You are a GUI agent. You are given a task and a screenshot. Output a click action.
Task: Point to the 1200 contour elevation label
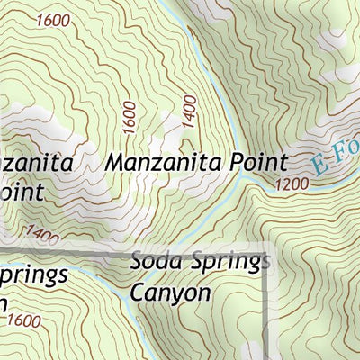tap(294, 185)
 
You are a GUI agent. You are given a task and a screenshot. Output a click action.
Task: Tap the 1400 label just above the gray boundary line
tap(42, 237)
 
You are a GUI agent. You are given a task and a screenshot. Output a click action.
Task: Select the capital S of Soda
tap(137, 263)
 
